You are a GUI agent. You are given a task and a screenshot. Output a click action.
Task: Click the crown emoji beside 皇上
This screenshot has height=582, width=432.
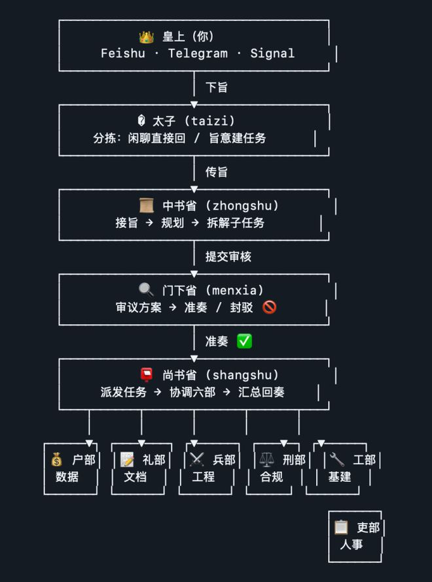click(146, 37)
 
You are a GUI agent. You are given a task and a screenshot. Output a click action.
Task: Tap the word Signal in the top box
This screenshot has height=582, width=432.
click(272, 54)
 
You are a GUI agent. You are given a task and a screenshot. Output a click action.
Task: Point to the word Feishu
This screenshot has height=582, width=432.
click(123, 54)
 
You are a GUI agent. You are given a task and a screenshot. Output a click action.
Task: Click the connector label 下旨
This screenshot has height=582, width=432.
click(217, 88)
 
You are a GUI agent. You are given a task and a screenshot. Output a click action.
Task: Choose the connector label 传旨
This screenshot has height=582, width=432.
click(217, 172)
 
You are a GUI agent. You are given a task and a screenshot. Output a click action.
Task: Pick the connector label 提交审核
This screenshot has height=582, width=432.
click(228, 257)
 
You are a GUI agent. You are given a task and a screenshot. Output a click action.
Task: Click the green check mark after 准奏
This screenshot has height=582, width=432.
click(244, 341)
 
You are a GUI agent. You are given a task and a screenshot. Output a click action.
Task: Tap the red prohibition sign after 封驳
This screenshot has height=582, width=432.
click(269, 307)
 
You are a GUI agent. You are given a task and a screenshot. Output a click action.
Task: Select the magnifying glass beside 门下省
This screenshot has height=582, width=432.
click(146, 290)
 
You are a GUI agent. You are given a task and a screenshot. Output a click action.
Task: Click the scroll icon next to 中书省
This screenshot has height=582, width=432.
click(146, 206)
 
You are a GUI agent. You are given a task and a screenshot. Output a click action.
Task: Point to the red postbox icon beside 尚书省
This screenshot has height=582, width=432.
click(146, 375)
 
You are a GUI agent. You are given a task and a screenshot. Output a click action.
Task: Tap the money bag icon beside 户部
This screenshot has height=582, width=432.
click(58, 460)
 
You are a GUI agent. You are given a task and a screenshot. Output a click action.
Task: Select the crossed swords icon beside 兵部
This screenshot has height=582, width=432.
click(196, 460)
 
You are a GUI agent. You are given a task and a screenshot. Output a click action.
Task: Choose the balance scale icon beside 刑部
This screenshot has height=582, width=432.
click(266, 460)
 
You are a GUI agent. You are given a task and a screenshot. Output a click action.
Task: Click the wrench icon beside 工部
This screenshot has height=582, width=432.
click(336, 460)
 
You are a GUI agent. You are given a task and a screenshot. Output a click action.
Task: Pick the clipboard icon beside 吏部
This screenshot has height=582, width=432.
click(340, 527)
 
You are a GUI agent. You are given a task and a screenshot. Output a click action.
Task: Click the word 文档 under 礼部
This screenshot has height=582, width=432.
click(135, 477)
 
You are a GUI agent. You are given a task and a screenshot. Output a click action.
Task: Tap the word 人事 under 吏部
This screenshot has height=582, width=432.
click(351, 545)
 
